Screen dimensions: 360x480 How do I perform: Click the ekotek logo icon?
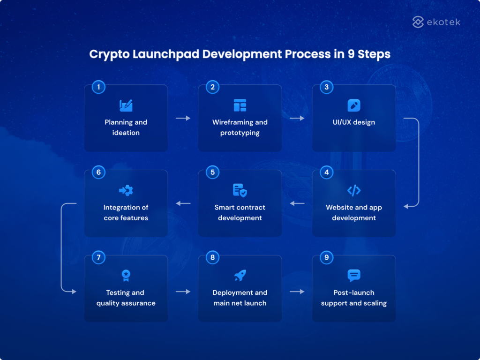(418, 22)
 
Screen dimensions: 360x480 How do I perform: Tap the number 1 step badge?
(98, 87)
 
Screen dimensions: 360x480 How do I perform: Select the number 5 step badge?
(212, 172)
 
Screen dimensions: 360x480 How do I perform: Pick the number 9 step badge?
(326, 257)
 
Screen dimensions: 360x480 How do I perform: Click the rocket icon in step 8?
(240, 276)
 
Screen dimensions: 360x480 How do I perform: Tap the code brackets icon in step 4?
(354, 190)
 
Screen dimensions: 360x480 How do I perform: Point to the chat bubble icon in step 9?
(354, 276)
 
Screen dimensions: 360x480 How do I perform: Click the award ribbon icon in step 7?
(126, 276)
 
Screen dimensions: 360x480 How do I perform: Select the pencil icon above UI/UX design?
(354, 105)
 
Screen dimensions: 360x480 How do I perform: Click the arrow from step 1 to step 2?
(183, 118)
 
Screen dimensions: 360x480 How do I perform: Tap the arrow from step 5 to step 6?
(183, 203)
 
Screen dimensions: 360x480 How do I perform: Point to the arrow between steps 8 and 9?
(297, 292)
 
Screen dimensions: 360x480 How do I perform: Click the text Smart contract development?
(240, 212)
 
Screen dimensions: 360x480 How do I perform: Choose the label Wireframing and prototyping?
(240, 127)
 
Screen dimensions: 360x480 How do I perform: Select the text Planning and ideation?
(126, 127)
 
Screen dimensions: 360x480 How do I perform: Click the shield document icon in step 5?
(240, 190)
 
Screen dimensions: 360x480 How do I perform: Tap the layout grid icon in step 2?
(240, 105)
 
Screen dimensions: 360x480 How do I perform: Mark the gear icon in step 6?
(126, 190)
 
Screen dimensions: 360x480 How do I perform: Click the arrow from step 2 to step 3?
(297, 118)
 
